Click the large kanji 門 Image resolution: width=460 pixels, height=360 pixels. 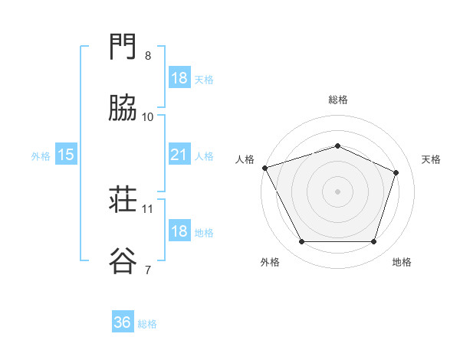coord(123,46)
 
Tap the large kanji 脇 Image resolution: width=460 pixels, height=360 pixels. coord(123,107)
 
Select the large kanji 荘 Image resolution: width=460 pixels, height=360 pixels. coord(123,199)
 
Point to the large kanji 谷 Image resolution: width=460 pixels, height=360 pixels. coord(123,260)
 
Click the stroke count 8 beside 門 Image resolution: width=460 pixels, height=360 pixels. coord(148,56)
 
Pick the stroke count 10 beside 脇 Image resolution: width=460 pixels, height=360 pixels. coord(147,117)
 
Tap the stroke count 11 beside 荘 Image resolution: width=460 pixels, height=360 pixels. coord(147,209)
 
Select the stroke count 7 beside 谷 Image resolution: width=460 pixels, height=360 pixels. coord(148,270)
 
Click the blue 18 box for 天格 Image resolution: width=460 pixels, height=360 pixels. coord(179,77)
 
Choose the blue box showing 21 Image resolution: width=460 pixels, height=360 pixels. coord(179,154)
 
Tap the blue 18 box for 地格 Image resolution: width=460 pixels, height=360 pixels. coord(179,230)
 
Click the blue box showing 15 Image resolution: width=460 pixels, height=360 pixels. coord(66,154)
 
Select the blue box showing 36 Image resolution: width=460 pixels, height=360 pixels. coord(123,321)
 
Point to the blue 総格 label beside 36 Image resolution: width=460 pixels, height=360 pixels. coord(147,324)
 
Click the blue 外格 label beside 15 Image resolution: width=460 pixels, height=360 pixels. coord(41,156)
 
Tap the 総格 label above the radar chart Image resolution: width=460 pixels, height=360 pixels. coord(338,100)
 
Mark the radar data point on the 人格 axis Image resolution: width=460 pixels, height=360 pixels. coord(265,168)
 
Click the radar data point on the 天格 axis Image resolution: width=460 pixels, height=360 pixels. coord(396,172)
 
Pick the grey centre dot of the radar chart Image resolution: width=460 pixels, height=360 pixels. coord(337,191)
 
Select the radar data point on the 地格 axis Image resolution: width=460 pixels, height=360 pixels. coord(373,241)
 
